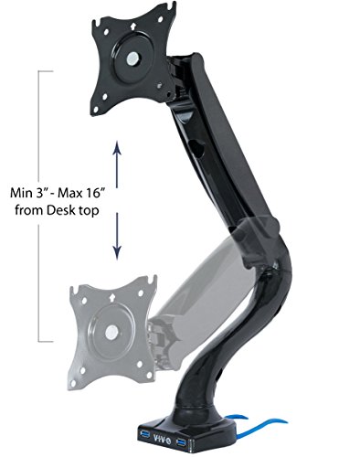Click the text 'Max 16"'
[x=81, y=193]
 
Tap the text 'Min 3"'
[x=28, y=193]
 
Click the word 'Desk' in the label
[x=62, y=210]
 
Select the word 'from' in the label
[x=29, y=210]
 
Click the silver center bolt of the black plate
[x=132, y=58]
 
